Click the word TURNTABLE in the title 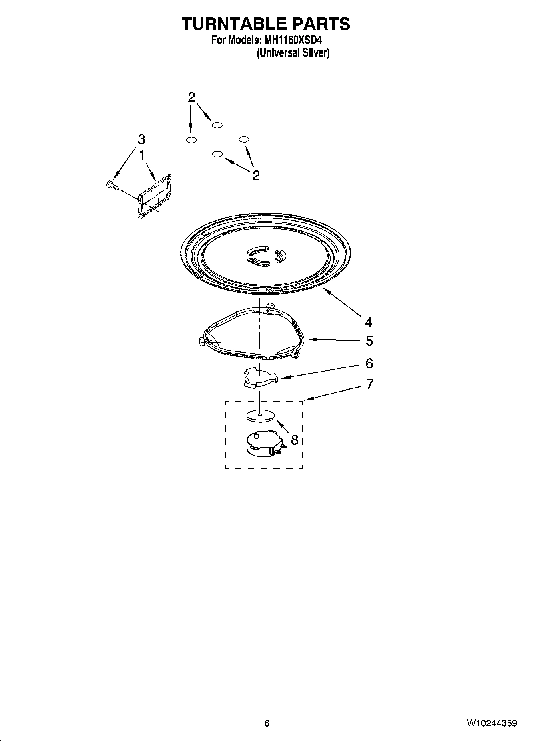click(233, 24)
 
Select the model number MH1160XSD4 click(293, 40)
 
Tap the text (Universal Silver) click(293, 52)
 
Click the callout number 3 click(141, 140)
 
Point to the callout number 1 click(142, 155)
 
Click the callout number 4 click(368, 322)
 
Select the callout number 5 click(369, 341)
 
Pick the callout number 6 click(369, 363)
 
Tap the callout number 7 click(369, 384)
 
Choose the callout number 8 click(295, 440)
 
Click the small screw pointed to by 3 click(112, 185)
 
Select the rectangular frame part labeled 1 click(155, 196)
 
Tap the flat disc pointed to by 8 click(260, 416)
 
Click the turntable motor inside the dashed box click(264, 444)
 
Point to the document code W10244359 click(491, 723)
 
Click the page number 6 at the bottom click(267, 723)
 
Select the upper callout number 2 click(192, 97)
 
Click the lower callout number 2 click(256, 175)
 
